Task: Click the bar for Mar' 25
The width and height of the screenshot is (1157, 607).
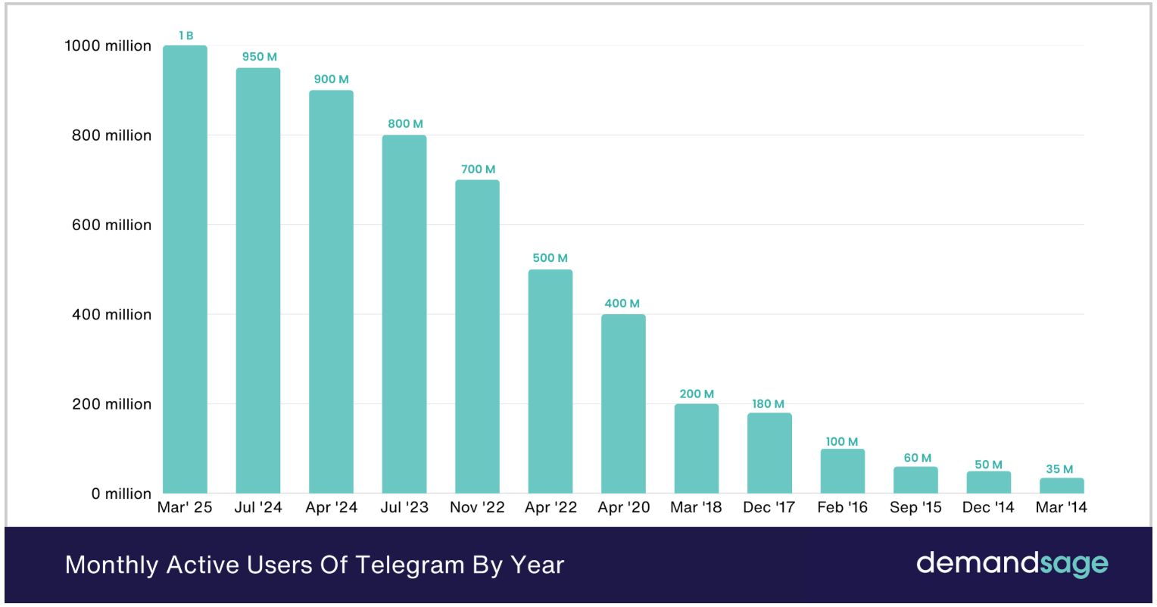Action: coord(185,269)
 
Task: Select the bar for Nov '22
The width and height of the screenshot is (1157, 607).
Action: coord(477,337)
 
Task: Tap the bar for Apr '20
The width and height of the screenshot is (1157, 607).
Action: coord(623,403)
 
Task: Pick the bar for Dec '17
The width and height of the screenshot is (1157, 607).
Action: coord(769,453)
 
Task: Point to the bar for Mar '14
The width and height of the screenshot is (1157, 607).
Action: coord(1062,485)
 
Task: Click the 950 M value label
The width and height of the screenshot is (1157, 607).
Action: coord(259,57)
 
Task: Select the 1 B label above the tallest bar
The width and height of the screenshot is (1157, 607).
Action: coord(186,36)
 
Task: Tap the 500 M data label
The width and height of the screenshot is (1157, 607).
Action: coord(550,258)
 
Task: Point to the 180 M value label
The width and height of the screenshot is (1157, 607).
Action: coord(768,404)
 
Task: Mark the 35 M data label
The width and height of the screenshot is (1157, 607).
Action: coord(1059,469)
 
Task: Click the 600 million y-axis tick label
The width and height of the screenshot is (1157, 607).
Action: coord(111,225)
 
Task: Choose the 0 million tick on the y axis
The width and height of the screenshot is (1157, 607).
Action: coord(121,493)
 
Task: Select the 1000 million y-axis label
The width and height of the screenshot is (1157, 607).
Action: coord(108,46)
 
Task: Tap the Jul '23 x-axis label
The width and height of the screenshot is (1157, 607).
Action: coord(404,507)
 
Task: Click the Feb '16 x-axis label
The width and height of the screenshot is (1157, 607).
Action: coord(842,507)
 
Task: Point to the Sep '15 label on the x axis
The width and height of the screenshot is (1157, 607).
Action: coord(915,507)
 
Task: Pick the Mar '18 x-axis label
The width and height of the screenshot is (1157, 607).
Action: coord(696,507)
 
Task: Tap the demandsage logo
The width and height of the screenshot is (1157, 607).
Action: coord(1012,564)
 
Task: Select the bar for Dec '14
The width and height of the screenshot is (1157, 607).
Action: coord(988,482)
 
